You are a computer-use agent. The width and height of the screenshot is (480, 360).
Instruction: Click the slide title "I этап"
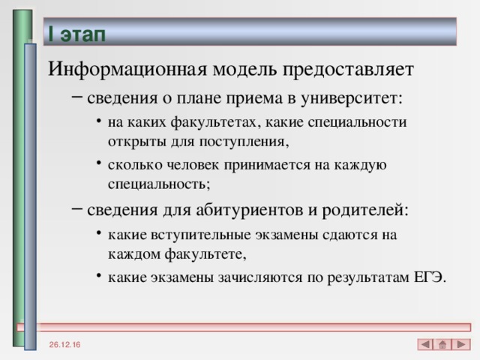(76, 34)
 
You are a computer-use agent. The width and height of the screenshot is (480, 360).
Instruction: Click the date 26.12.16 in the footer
(67, 344)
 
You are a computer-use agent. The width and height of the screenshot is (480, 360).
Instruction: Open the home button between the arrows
(443, 343)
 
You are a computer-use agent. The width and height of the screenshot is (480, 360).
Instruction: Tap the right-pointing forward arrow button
(462, 343)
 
